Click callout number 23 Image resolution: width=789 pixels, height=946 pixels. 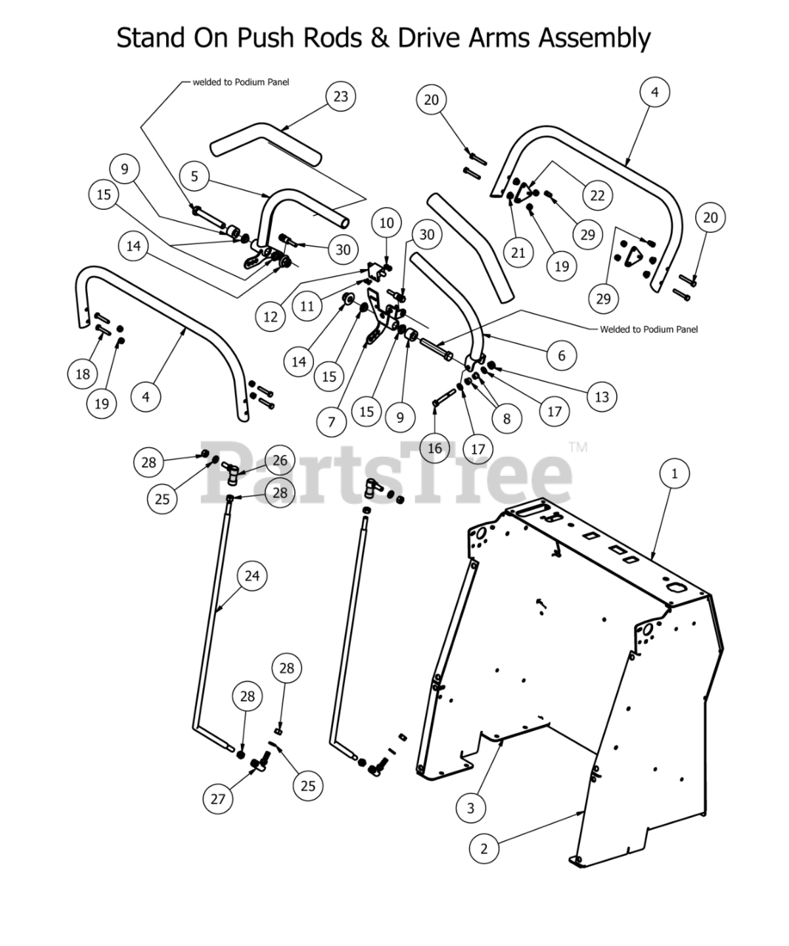pyautogui.click(x=341, y=97)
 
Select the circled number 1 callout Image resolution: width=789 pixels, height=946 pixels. pyautogui.click(x=674, y=473)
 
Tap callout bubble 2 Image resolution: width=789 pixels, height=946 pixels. pyautogui.click(x=484, y=848)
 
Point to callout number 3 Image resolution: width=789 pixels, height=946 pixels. pyautogui.click(x=471, y=808)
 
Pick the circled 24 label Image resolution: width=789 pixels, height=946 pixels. pyautogui.click(x=253, y=575)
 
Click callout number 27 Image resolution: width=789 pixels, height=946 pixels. pyautogui.click(x=217, y=799)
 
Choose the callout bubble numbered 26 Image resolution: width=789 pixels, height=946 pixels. pyautogui.click(x=279, y=461)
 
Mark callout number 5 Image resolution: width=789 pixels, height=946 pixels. pyautogui.click(x=194, y=176)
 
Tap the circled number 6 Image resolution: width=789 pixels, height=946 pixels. pyautogui.click(x=561, y=356)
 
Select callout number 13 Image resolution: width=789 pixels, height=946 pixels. pyautogui.click(x=601, y=397)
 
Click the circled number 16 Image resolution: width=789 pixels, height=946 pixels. pyautogui.click(x=434, y=448)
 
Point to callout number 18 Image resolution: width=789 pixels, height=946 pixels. pyautogui.click(x=83, y=374)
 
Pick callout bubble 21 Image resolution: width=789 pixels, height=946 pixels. pyautogui.click(x=518, y=253)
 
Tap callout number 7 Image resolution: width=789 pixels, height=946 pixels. pyautogui.click(x=331, y=422)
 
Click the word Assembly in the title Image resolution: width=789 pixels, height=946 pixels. pyautogui.click(x=594, y=37)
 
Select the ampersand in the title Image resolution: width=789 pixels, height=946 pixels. pyautogui.click(x=380, y=37)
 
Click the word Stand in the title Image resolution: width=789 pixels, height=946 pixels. pyautogui.click(x=148, y=37)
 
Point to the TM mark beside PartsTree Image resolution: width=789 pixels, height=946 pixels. pyautogui.click(x=578, y=447)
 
